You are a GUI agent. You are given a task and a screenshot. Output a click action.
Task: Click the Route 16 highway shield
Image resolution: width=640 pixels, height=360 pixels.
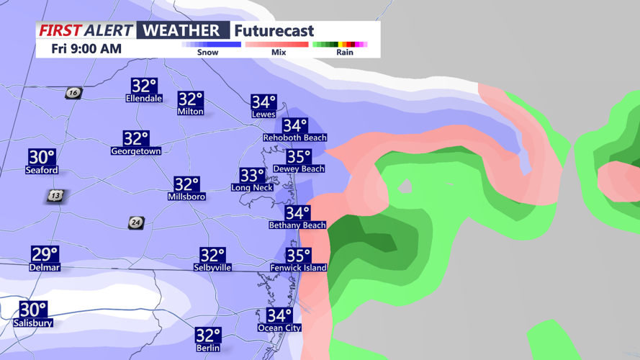73,93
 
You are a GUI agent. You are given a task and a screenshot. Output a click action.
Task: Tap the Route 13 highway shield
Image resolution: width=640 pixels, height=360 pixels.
56,196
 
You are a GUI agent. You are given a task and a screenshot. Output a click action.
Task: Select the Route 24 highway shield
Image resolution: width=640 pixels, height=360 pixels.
135,223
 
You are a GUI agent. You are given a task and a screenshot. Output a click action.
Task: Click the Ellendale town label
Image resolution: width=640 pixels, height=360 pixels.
144,99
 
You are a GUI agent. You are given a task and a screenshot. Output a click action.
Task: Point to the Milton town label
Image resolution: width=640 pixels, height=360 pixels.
190,112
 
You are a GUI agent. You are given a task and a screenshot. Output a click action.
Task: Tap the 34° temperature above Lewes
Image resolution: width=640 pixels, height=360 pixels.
263,103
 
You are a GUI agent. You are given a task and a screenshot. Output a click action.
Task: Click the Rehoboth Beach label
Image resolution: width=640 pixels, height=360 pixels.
295,138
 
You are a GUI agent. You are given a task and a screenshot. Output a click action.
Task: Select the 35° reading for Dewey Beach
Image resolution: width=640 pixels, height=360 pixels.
299,157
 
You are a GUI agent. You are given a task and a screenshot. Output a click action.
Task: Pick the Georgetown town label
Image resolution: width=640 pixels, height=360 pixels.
135,151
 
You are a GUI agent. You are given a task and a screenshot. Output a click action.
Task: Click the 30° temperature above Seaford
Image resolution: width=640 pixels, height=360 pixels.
42,157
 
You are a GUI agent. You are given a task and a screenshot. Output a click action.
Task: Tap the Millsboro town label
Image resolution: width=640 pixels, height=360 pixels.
186,197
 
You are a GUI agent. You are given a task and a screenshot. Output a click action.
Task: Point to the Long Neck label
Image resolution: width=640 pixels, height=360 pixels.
252,188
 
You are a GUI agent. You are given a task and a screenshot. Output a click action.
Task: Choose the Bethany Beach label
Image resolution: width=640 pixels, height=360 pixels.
297,225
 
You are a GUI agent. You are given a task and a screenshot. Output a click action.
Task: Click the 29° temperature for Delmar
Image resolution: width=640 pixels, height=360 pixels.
45,254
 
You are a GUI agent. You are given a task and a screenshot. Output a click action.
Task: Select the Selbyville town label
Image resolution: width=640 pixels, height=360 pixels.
212,267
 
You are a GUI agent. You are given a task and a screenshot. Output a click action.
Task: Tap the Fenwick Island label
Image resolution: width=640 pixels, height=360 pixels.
298,268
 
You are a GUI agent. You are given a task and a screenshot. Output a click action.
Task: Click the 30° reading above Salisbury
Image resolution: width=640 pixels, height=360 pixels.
32,310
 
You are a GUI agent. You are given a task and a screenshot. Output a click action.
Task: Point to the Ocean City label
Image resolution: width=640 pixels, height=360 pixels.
279,328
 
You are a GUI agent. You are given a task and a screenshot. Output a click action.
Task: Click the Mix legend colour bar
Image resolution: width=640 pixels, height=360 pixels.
277,45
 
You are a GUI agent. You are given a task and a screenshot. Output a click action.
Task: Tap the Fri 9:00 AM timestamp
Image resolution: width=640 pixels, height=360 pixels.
86,49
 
